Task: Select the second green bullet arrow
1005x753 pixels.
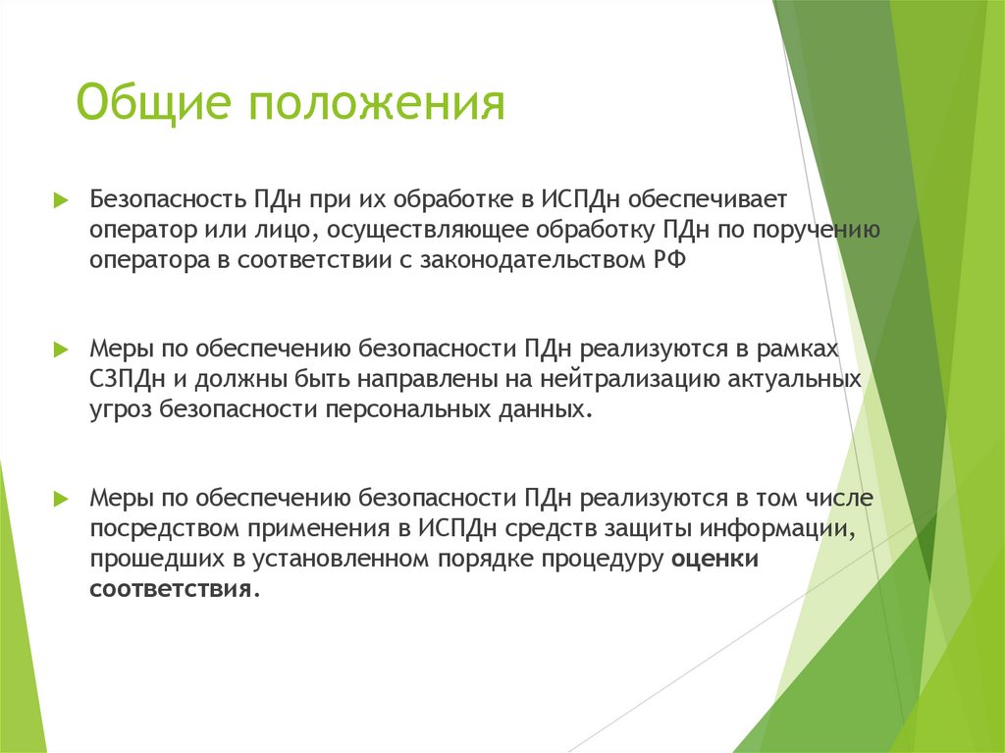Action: [x=60, y=349]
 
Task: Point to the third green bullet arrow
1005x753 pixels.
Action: [x=60, y=498]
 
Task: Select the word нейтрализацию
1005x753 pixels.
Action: [x=615, y=379]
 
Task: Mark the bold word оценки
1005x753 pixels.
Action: [x=716, y=559]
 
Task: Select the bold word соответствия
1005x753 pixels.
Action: [x=171, y=589]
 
